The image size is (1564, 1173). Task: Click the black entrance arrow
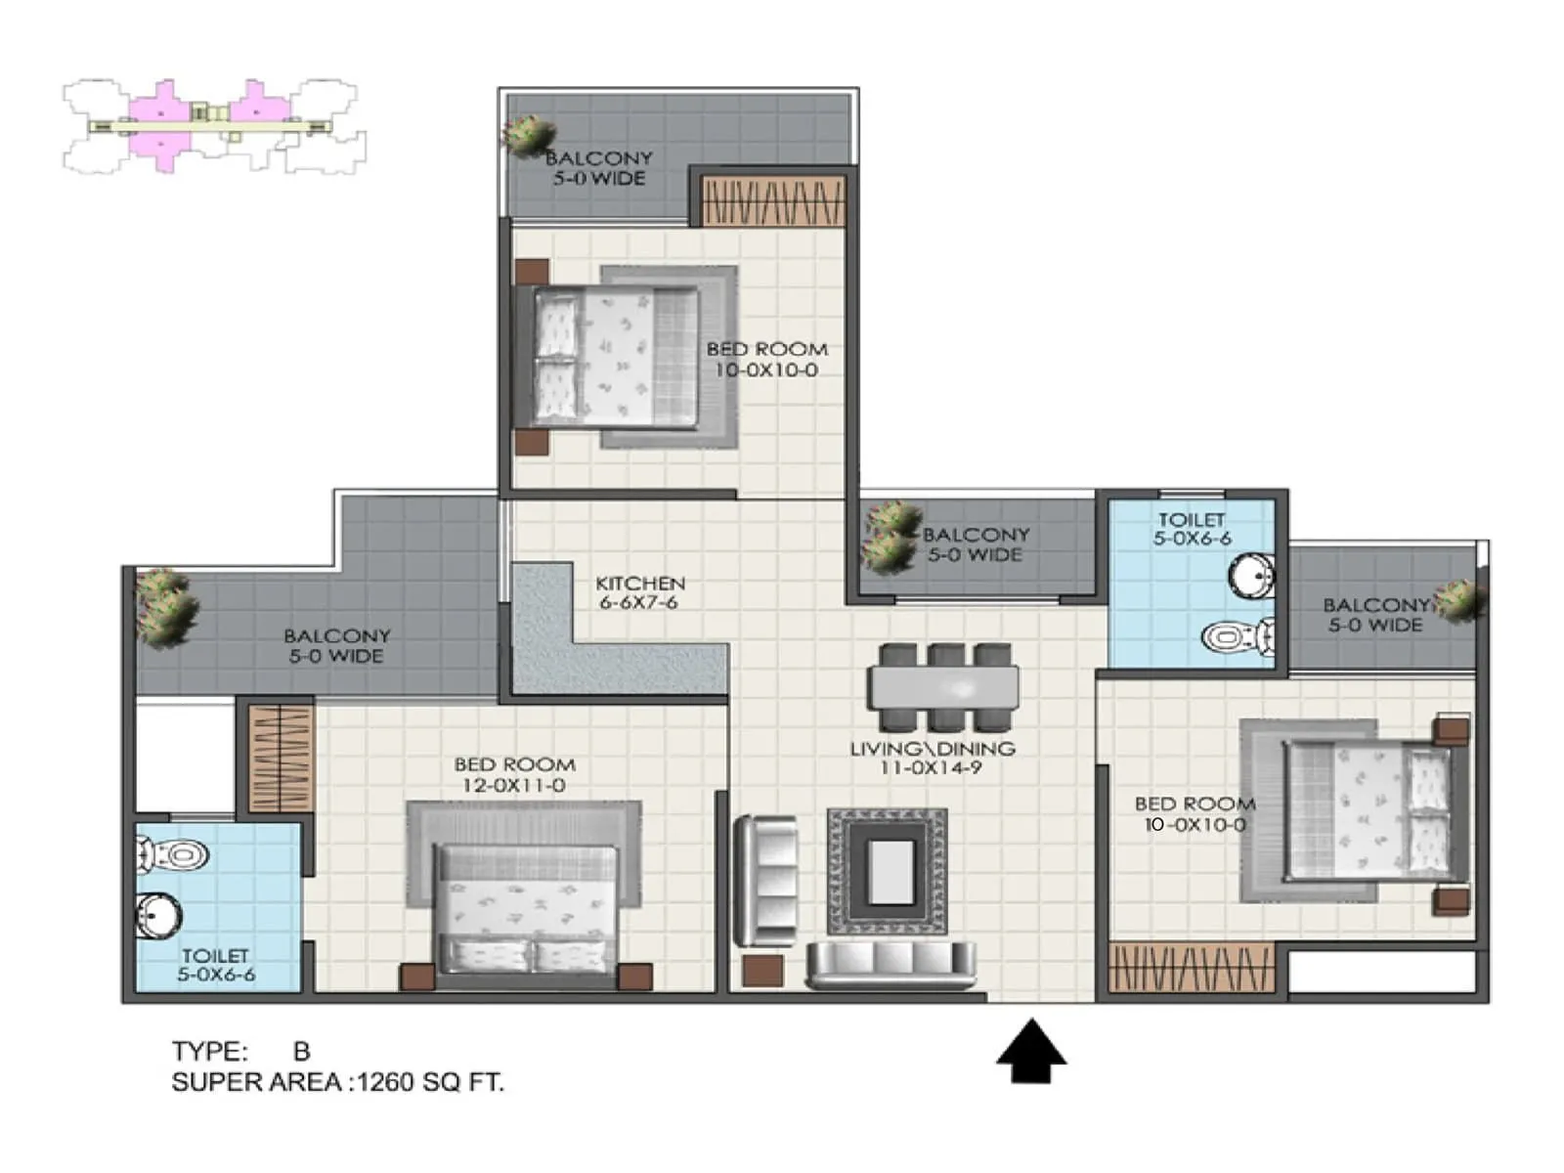(x=1031, y=1052)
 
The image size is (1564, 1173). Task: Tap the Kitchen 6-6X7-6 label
(x=640, y=592)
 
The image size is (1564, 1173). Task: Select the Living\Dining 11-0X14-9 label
(x=932, y=758)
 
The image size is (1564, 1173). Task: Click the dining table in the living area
(x=943, y=687)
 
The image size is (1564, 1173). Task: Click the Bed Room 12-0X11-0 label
(x=514, y=774)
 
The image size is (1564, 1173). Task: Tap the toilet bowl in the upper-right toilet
(x=1238, y=638)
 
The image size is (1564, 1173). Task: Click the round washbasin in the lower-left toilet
(x=158, y=917)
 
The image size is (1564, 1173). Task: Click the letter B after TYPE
(x=301, y=1051)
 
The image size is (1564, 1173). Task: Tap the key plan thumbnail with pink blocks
(x=213, y=126)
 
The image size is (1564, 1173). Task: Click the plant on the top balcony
(x=529, y=136)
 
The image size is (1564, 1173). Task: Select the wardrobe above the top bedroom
(x=772, y=202)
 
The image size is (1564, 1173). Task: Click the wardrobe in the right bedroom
(x=1192, y=968)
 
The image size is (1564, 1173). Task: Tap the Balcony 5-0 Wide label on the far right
(x=1374, y=615)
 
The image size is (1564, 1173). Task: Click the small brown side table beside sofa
(x=762, y=971)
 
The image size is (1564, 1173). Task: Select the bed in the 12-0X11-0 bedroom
(x=527, y=909)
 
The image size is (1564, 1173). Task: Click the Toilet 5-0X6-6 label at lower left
(x=216, y=965)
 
